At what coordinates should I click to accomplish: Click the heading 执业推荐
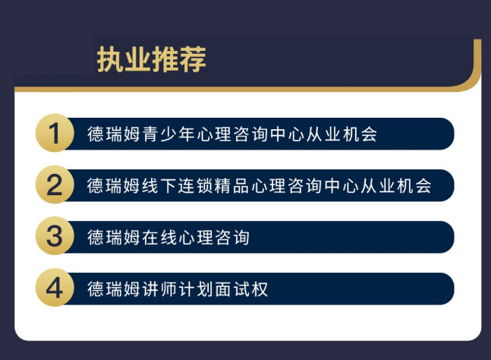(152, 59)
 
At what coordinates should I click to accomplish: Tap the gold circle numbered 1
(54, 134)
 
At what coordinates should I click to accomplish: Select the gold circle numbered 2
(54, 185)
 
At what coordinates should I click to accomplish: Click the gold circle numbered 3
(54, 237)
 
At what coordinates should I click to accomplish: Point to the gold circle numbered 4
(54, 289)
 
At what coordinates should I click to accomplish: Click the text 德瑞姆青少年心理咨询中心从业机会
(231, 134)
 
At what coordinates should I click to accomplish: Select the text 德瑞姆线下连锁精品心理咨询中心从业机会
(260, 186)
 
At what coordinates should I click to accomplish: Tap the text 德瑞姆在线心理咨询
(168, 238)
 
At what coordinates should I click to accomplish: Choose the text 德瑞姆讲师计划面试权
(178, 289)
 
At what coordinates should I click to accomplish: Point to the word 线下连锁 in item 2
(178, 186)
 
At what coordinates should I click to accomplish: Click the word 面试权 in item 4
(241, 289)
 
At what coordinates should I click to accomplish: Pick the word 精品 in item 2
(232, 186)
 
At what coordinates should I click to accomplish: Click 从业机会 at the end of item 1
(341, 134)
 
